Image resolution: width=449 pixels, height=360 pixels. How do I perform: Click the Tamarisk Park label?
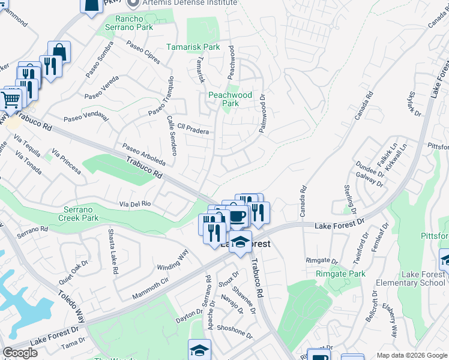coord(194,47)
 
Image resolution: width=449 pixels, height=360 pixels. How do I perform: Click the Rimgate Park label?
coord(340,274)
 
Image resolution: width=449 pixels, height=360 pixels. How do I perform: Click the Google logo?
coord(20,353)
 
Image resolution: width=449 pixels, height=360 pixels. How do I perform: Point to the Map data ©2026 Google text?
coord(411,355)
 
